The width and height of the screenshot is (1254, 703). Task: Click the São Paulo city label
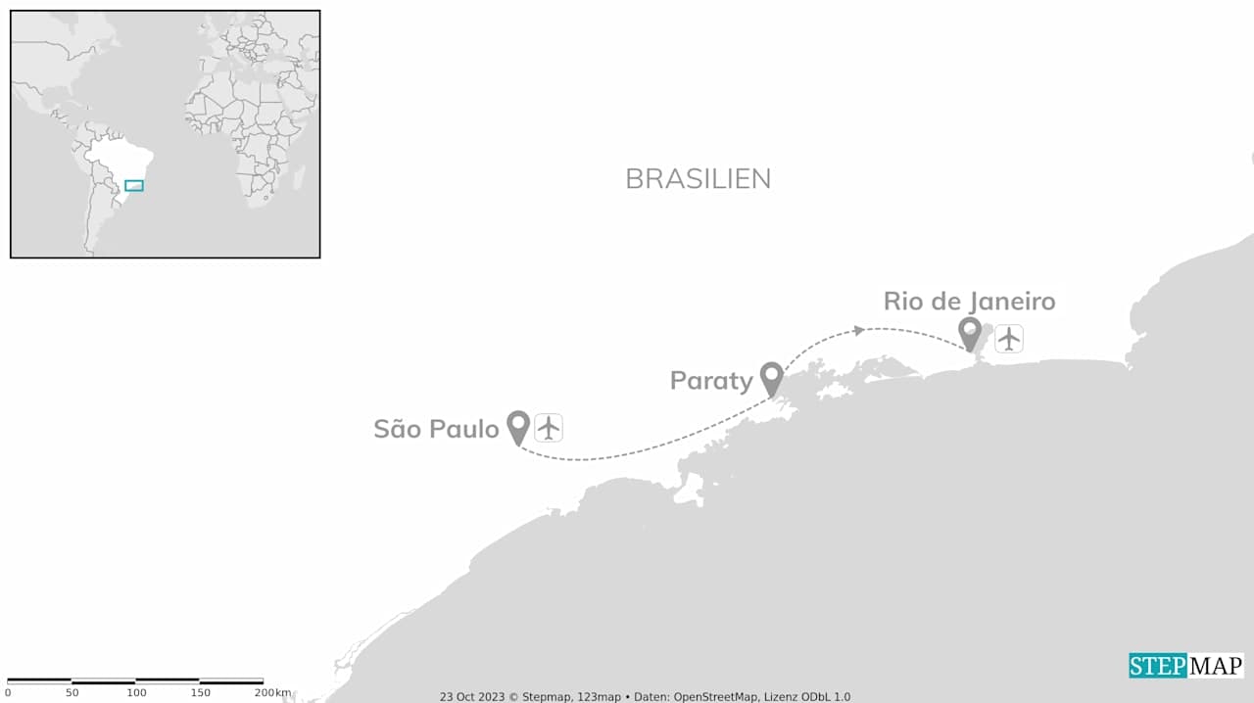click(436, 429)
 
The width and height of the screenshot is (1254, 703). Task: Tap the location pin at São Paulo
click(518, 426)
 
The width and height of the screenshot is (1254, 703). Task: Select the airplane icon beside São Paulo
click(549, 428)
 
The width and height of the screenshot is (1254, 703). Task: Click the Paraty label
click(710, 380)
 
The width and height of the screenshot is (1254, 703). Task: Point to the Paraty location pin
click(772, 377)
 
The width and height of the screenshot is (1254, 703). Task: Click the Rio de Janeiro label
click(969, 301)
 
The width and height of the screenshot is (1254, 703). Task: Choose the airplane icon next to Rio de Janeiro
click(1009, 339)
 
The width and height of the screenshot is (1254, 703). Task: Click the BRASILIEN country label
click(698, 178)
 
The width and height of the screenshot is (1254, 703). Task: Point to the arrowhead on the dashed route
click(859, 330)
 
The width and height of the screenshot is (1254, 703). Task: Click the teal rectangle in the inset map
click(134, 185)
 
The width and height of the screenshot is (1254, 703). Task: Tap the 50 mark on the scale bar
click(72, 693)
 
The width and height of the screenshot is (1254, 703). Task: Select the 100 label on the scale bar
click(136, 693)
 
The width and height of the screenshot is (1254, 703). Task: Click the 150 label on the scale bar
click(200, 693)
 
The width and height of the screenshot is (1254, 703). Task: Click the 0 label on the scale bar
click(8, 693)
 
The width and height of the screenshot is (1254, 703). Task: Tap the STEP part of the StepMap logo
click(1157, 666)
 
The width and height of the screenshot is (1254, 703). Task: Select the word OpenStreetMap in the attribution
click(714, 697)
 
